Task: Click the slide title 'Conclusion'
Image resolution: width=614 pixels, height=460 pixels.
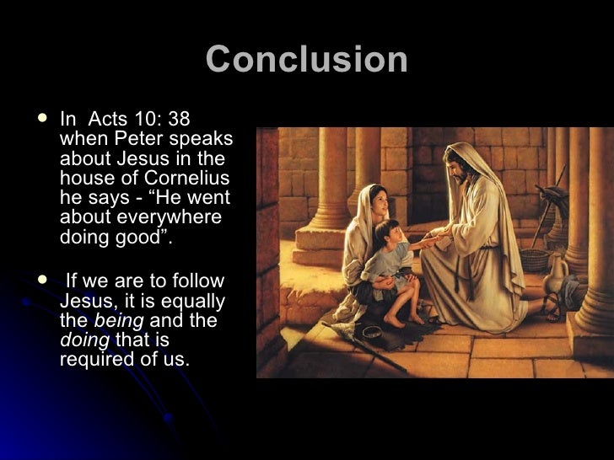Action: (307, 61)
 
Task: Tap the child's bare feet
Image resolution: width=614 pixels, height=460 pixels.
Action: (405, 319)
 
